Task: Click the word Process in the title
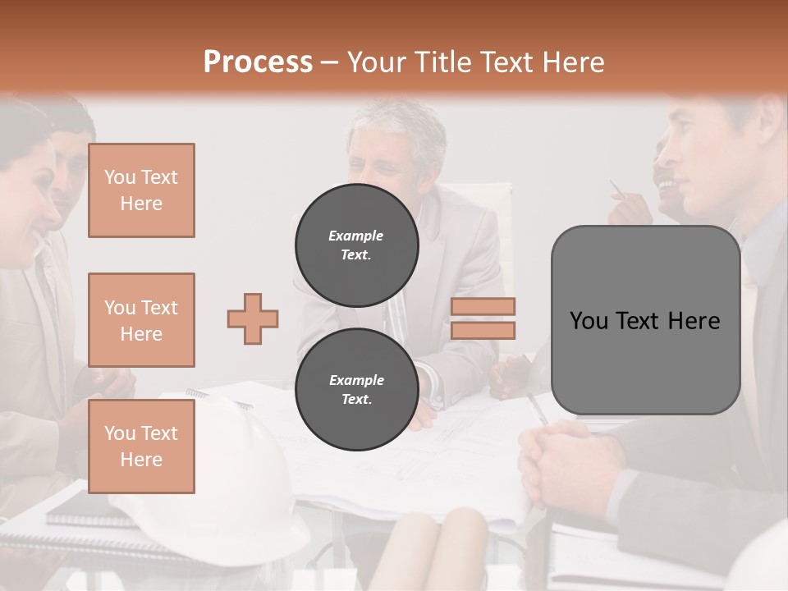pos(258,62)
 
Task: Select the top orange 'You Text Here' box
pos(141,190)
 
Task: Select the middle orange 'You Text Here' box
pos(141,320)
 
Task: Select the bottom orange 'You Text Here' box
pos(141,447)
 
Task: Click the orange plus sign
pos(253,318)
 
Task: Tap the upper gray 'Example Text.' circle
pos(356,245)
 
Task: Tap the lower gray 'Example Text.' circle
pos(356,390)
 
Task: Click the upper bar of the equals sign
pos(483,306)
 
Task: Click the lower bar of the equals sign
pos(483,330)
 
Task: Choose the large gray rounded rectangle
pos(645,320)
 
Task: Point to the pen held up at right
pos(616,190)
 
